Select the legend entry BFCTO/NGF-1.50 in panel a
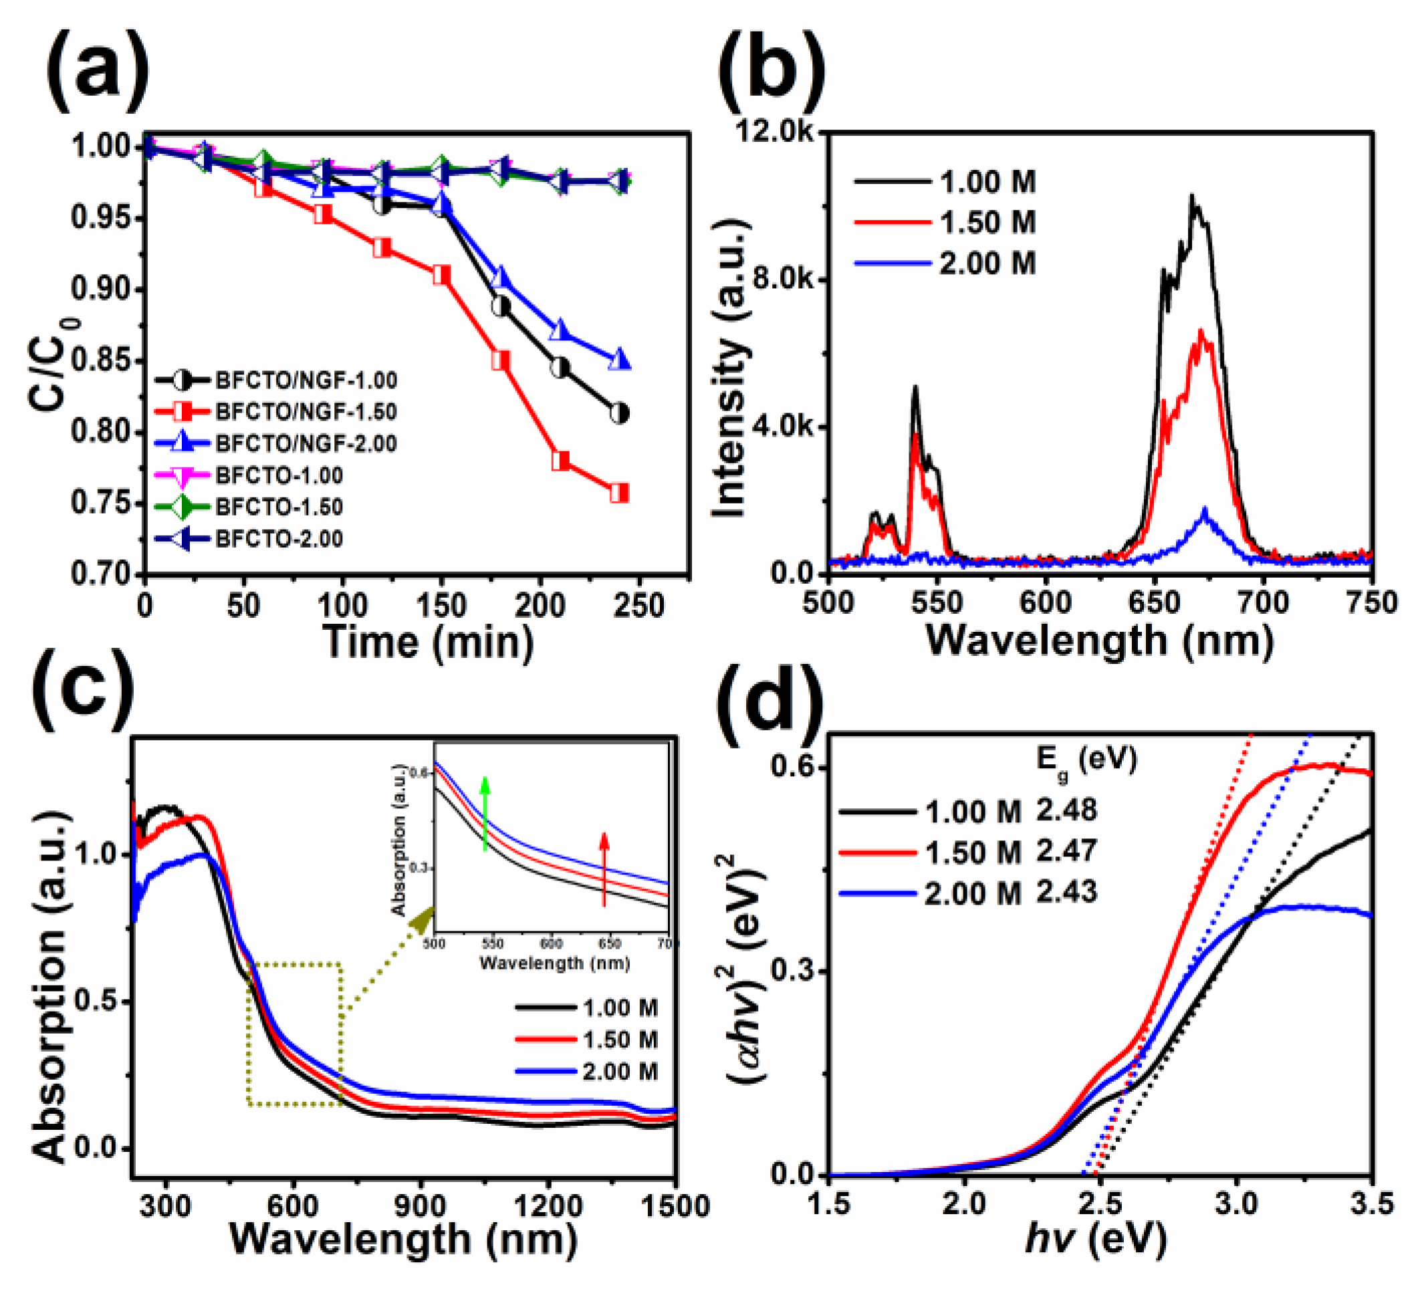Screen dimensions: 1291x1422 306,411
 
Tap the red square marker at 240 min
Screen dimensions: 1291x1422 618,493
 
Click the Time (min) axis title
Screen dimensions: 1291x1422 428,642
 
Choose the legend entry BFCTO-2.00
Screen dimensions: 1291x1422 279,539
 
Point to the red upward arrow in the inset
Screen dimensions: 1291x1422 604,868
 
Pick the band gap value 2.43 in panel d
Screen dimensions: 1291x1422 1066,893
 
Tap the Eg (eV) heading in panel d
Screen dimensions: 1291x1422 1087,762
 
